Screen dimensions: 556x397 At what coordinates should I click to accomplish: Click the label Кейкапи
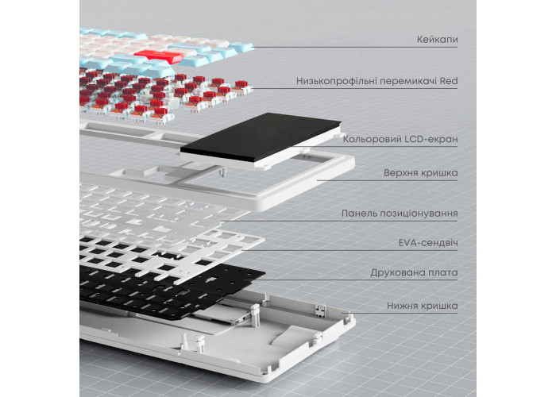coord(437,39)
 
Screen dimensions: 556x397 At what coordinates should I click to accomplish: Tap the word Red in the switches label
coord(449,81)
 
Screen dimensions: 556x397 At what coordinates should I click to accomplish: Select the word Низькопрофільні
coord(338,81)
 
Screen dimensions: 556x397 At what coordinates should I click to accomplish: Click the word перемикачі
coord(409,81)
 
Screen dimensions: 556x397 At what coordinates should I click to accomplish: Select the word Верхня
coord(402,173)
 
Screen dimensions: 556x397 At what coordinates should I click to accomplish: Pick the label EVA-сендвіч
coord(428,243)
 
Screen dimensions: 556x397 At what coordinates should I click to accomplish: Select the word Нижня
coord(403,306)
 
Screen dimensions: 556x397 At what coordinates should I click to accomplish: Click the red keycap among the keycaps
coord(158,56)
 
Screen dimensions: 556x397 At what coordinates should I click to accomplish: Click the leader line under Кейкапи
coord(356,47)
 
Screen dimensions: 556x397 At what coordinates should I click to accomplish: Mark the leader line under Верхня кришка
coord(388,180)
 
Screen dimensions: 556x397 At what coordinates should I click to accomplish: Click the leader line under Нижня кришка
coord(400,313)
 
